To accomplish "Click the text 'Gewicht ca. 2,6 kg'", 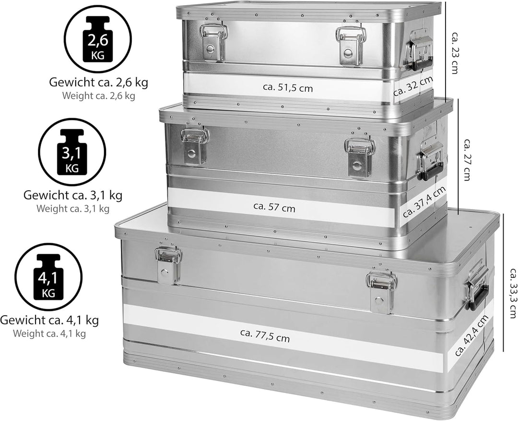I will coord(98,82).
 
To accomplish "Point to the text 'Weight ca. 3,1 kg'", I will coord(73,209).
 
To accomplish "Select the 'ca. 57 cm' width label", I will coord(274,207).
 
